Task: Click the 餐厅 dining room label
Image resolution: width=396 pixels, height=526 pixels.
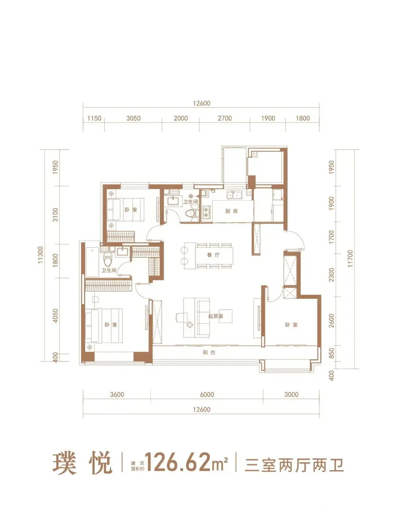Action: (213, 255)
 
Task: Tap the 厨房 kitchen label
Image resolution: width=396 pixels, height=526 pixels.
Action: (231, 211)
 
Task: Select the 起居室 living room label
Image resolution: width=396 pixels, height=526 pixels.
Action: (215, 316)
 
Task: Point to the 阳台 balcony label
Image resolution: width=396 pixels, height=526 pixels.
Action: (209, 352)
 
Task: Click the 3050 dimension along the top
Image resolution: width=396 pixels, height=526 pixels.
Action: (134, 118)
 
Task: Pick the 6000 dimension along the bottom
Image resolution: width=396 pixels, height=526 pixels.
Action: (207, 394)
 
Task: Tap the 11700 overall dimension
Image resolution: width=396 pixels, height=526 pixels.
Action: (350, 259)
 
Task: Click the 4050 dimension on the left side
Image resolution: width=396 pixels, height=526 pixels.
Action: (55, 316)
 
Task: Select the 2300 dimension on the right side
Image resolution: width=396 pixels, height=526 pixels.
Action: (331, 275)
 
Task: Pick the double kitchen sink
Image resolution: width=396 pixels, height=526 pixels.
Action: (235, 195)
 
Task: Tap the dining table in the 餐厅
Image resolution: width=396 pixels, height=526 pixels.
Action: (214, 255)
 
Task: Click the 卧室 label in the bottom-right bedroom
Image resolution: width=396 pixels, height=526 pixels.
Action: (291, 325)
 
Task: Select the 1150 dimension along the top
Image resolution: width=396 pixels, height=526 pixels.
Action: (94, 118)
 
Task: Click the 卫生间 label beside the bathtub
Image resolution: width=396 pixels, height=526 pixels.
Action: (109, 270)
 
